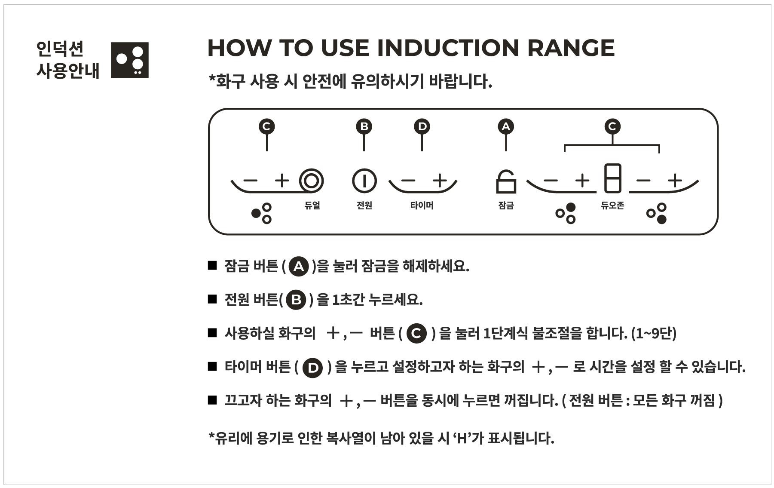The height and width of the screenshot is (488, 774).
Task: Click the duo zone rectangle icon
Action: point(612,178)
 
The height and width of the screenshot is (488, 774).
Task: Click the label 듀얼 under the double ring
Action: point(312,205)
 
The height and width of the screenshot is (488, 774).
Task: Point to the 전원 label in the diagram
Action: point(364,205)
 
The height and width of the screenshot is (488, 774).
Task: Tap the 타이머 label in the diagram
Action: point(422,205)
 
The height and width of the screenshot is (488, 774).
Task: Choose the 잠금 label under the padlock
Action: point(506,205)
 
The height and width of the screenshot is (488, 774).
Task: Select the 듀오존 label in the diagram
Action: point(612,205)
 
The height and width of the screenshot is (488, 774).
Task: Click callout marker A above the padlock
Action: point(506,126)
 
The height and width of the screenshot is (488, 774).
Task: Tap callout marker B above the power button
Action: point(364,126)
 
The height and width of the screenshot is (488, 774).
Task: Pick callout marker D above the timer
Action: point(422,126)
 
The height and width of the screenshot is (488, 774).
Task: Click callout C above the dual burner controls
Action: point(266,126)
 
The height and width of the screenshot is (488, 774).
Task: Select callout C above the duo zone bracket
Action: point(612,126)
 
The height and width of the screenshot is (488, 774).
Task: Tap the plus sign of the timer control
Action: point(440,181)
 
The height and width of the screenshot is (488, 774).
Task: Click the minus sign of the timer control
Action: point(409,181)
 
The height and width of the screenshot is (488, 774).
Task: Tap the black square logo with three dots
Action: point(130,60)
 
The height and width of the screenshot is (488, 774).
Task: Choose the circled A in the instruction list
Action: point(299,267)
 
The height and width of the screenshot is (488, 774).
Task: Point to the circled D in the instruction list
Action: point(312,368)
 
